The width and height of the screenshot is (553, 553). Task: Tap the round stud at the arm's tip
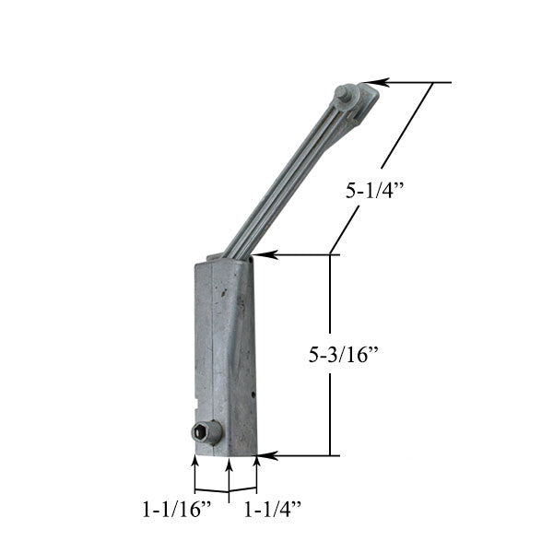pos(347,93)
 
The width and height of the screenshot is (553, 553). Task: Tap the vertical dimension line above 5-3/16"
pos(330,295)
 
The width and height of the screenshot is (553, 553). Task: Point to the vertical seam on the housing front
pos(214,350)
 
